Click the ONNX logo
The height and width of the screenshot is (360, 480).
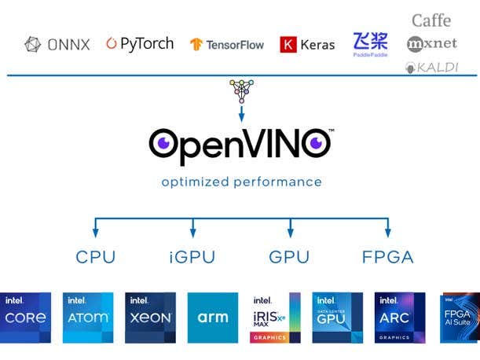[57, 45]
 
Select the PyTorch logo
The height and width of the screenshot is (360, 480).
[140, 44]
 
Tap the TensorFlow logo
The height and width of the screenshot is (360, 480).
[228, 45]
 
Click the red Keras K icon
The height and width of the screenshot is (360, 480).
[288, 45]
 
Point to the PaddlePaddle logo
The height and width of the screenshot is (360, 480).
[370, 43]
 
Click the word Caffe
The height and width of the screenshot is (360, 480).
[431, 20]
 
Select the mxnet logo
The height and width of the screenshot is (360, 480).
[431, 44]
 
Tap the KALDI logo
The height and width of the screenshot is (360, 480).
[431, 68]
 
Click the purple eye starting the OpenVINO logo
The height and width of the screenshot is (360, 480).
[163, 143]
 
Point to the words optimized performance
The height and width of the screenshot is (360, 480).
[241, 182]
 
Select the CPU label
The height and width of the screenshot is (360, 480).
[96, 257]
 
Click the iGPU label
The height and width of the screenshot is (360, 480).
[192, 257]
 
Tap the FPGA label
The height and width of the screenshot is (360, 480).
[387, 257]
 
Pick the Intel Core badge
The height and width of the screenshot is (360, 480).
[26, 318]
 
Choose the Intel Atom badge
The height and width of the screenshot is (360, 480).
[88, 318]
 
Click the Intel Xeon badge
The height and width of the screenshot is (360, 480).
[150, 318]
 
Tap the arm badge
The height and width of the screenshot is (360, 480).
[212, 318]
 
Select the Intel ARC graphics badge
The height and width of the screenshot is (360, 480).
[400, 318]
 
